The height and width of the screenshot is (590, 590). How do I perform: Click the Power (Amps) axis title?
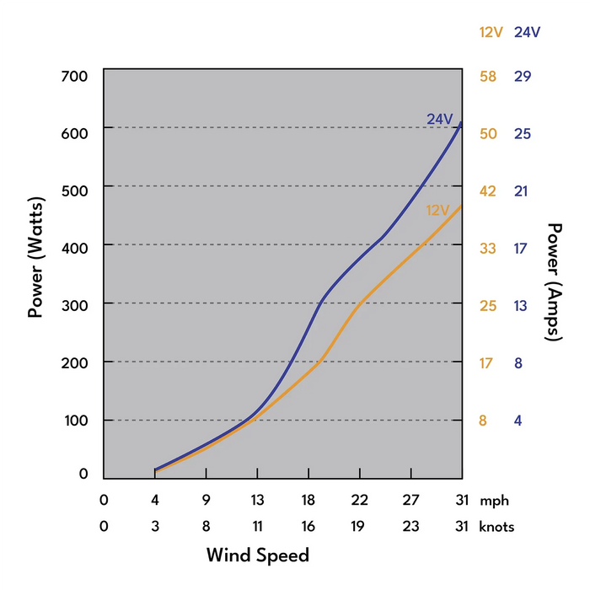coord(555,282)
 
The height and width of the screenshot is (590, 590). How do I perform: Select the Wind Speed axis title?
coord(258,555)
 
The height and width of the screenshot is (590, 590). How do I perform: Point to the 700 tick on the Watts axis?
coord(75,77)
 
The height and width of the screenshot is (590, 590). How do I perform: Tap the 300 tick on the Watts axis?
coord(75,303)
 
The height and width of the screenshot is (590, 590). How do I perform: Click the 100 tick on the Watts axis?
coord(75,420)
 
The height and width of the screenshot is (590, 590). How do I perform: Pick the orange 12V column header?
coord(491,32)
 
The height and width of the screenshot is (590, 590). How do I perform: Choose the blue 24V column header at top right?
coord(527,32)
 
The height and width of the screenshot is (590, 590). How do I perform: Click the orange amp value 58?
coord(488,77)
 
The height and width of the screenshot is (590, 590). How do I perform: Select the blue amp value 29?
coord(523,77)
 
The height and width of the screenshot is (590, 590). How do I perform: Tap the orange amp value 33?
coord(488,249)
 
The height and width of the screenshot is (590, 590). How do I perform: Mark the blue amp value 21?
coord(522,191)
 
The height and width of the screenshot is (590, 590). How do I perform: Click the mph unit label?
coord(494,500)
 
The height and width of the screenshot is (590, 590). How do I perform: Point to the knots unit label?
coord(497,527)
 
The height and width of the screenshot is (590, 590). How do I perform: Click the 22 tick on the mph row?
coord(359,500)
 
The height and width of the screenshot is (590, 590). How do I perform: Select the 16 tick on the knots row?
coord(308,527)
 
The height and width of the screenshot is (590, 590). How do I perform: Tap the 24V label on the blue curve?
coord(440,119)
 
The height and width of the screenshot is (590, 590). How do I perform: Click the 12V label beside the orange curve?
coord(438,210)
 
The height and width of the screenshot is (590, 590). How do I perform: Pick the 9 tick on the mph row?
coord(206,500)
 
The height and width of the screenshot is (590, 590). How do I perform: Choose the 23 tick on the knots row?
coord(410,527)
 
